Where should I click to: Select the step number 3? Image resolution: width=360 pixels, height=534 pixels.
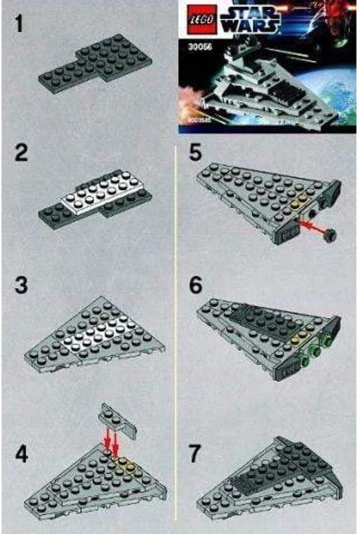point(20,286)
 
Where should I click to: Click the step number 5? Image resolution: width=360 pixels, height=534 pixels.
point(196,155)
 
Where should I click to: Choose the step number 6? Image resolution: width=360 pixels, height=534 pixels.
point(196,286)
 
